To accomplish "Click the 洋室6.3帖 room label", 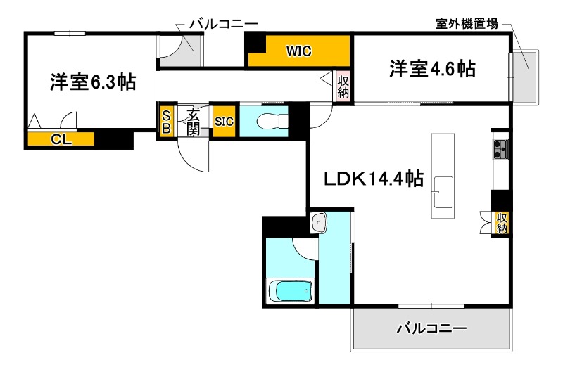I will (x=92, y=82).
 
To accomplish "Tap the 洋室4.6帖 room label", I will (x=432, y=69).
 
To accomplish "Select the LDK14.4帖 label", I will (x=373, y=179).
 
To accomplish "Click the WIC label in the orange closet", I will (x=298, y=51).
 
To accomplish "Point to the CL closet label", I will (x=61, y=139).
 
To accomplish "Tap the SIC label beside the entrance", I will (x=224, y=121).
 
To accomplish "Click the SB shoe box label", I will (x=167, y=122).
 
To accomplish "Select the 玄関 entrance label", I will (x=193, y=122).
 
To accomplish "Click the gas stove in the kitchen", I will (x=500, y=149).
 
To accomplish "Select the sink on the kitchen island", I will (x=443, y=190).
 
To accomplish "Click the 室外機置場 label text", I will (x=466, y=24).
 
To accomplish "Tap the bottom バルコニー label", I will (x=431, y=328).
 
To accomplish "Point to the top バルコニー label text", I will (x=223, y=24).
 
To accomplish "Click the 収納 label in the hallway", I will (x=343, y=86).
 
